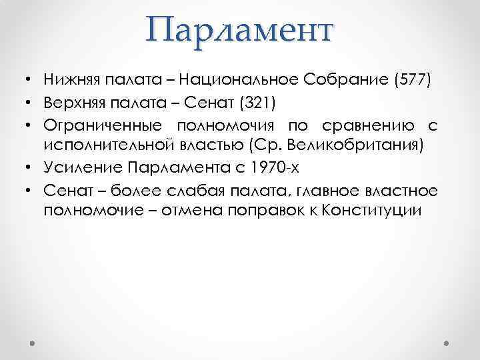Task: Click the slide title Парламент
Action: point(241,31)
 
